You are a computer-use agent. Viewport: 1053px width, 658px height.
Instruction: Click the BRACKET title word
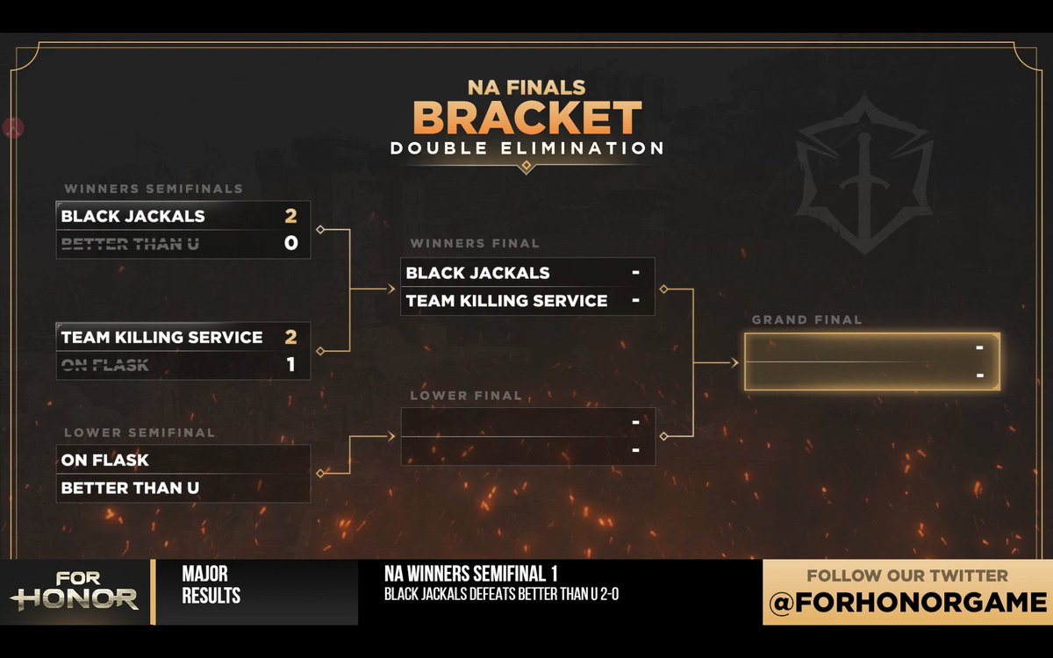(527, 118)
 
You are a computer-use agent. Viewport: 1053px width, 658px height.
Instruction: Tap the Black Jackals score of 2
(290, 216)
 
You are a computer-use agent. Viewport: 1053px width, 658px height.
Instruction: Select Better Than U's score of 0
(291, 243)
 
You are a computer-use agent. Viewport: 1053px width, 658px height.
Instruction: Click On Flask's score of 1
(291, 364)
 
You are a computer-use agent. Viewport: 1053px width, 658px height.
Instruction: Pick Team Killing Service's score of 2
(290, 337)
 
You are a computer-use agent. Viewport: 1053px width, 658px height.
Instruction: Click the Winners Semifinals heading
(154, 189)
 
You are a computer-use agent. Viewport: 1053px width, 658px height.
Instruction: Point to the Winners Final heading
(475, 244)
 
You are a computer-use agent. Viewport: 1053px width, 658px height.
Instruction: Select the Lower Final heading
(466, 396)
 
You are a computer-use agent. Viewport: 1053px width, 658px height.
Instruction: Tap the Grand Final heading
(806, 320)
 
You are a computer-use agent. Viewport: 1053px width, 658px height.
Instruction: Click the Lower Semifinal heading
(140, 433)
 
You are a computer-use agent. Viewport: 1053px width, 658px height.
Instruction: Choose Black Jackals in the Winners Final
(477, 273)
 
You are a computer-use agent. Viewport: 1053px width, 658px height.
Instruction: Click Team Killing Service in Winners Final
(507, 301)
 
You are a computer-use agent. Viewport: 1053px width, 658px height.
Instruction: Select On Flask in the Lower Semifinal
(104, 460)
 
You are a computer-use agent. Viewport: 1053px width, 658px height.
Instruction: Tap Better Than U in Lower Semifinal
(130, 488)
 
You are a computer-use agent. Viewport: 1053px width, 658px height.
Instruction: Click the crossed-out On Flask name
(104, 365)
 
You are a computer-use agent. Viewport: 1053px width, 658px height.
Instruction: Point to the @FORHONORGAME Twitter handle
(907, 603)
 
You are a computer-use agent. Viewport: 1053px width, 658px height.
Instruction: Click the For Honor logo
(75, 591)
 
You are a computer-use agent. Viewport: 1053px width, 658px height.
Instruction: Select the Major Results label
(211, 584)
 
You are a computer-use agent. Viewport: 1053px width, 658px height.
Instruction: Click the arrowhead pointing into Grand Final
(734, 363)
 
